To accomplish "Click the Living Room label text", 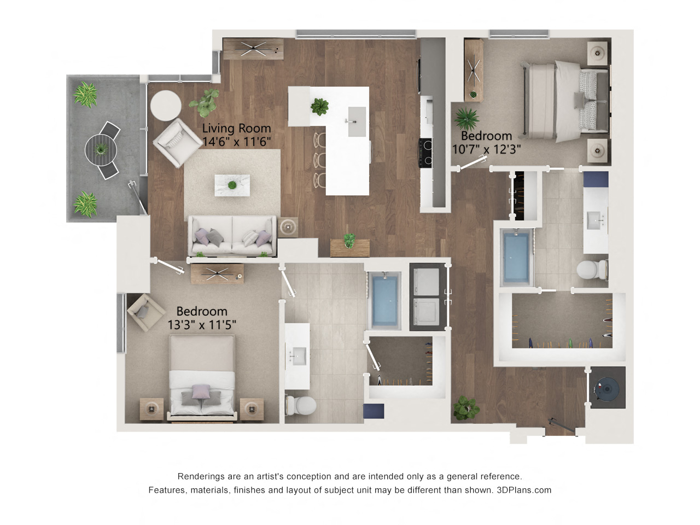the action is (x=236, y=128).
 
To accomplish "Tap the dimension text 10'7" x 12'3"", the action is (x=486, y=149).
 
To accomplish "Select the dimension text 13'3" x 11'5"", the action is (x=202, y=325).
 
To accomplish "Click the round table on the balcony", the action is (x=101, y=150).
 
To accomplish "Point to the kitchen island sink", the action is (x=357, y=122).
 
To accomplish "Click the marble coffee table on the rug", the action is (x=232, y=185).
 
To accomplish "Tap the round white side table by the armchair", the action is (x=166, y=106).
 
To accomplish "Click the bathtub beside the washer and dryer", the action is (x=384, y=301).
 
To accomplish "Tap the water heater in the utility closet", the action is (x=607, y=389).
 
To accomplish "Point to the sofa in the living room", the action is (x=232, y=236).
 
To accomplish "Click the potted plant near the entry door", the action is (x=466, y=408).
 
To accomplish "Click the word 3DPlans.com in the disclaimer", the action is (x=524, y=490).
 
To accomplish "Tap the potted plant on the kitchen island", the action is (x=319, y=107).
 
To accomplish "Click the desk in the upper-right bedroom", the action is (x=474, y=70).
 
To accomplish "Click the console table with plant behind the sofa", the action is (x=350, y=248).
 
